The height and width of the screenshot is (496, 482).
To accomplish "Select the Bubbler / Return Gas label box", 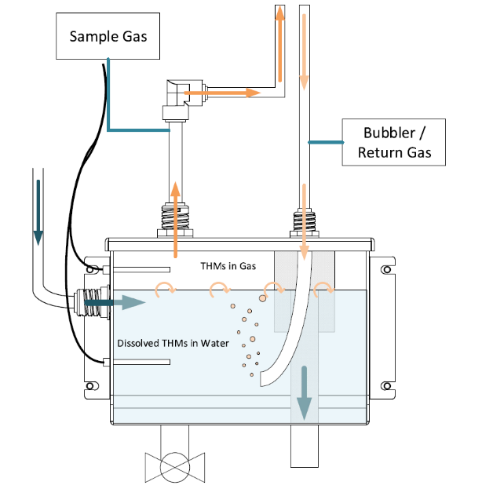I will [394, 142].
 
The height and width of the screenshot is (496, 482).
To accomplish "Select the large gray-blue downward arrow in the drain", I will [302, 396].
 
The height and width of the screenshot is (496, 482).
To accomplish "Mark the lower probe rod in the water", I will [141, 362].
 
